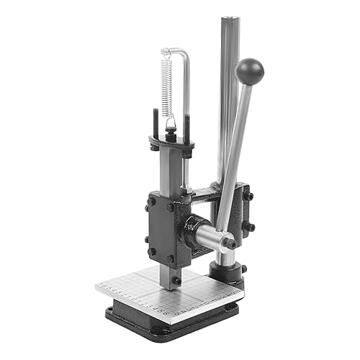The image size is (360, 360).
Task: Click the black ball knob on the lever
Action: pyautogui.click(x=249, y=71)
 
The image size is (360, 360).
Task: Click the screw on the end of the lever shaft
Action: pyautogui.click(x=231, y=243)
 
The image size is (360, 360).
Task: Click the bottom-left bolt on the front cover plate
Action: pyautogui.click(x=151, y=251)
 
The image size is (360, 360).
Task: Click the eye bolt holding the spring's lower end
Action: pyautogui.click(x=171, y=129)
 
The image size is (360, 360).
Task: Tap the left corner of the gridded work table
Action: pyautogui.click(x=97, y=287)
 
